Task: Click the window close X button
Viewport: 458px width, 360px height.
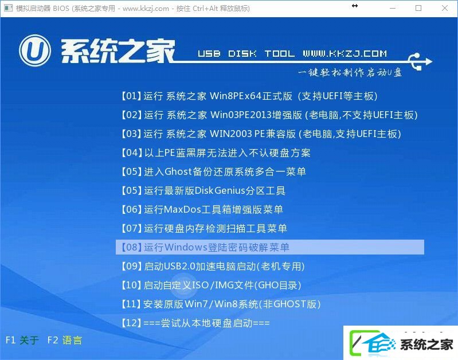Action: (x=445, y=8)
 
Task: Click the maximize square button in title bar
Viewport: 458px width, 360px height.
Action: (x=418, y=8)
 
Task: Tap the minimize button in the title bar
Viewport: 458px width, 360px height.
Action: (x=393, y=8)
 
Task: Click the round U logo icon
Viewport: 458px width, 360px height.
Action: (x=35, y=50)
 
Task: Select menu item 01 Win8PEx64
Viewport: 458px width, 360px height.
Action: (x=249, y=96)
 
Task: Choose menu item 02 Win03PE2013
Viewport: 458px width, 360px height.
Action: (x=269, y=115)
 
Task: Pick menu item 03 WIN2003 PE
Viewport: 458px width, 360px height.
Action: (x=261, y=134)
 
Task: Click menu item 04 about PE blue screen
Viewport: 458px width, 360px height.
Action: (x=216, y=152)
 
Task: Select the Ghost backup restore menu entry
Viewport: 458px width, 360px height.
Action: (x=213, y=171)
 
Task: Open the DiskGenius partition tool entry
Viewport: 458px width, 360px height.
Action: (x=203, y=190)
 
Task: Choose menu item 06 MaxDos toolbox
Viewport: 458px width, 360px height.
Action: (x=202, y=209)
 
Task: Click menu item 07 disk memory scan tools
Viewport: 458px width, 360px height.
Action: (x=204, y=228)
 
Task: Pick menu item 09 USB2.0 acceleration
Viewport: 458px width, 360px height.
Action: (x=213, y=266)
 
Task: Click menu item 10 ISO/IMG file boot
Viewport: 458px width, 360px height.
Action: (x=211, y=285)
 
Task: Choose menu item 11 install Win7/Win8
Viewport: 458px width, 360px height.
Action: (x=221, y=304)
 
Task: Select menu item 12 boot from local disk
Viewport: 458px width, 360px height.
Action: (x=195, y=323)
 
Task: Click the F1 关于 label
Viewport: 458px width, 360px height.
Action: (x=22, y=340)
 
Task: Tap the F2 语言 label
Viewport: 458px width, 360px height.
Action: (x=65, y=340)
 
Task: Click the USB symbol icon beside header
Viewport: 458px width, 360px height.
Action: (x=420, y=61)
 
